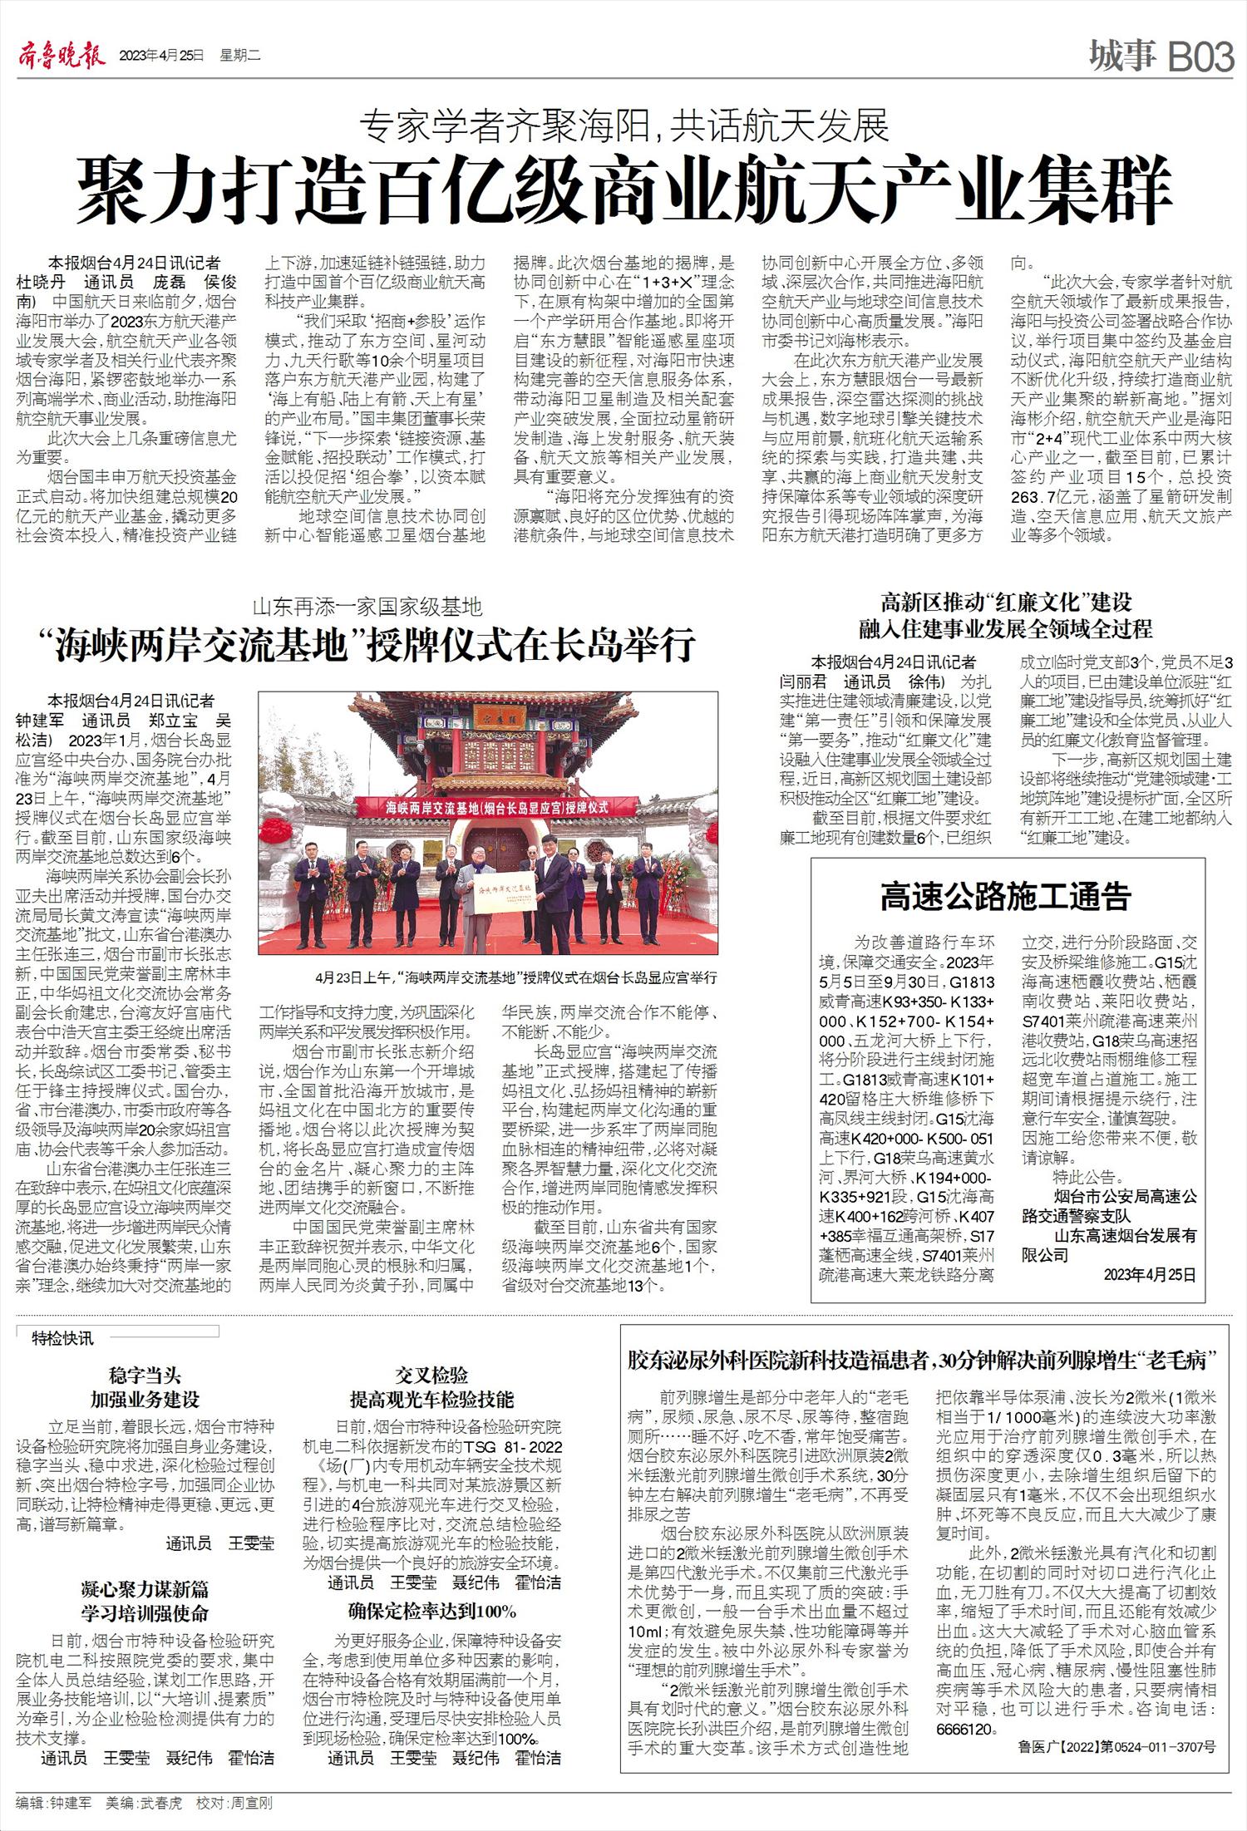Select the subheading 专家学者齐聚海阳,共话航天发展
[x=624, y=126]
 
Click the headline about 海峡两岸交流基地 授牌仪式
[x=372, y=644]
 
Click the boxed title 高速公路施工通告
[x=1006, y=898]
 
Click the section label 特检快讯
[x=62, y=1338]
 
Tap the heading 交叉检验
[x=431, y=1375]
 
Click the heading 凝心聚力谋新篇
[x=145, y=1590]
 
